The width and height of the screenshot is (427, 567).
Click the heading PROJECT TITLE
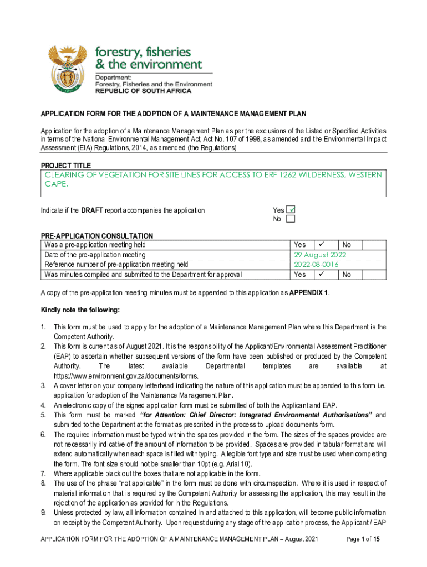point(66,166)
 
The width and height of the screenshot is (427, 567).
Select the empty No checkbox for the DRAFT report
point(291,219)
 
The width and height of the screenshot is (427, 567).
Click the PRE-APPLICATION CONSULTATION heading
point(97,236)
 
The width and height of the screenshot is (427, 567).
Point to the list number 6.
point(43,435)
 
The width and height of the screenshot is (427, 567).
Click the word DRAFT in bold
point(92,210)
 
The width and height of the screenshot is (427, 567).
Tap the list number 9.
point(43,512)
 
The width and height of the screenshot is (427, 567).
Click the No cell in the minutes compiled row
point(347,274)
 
